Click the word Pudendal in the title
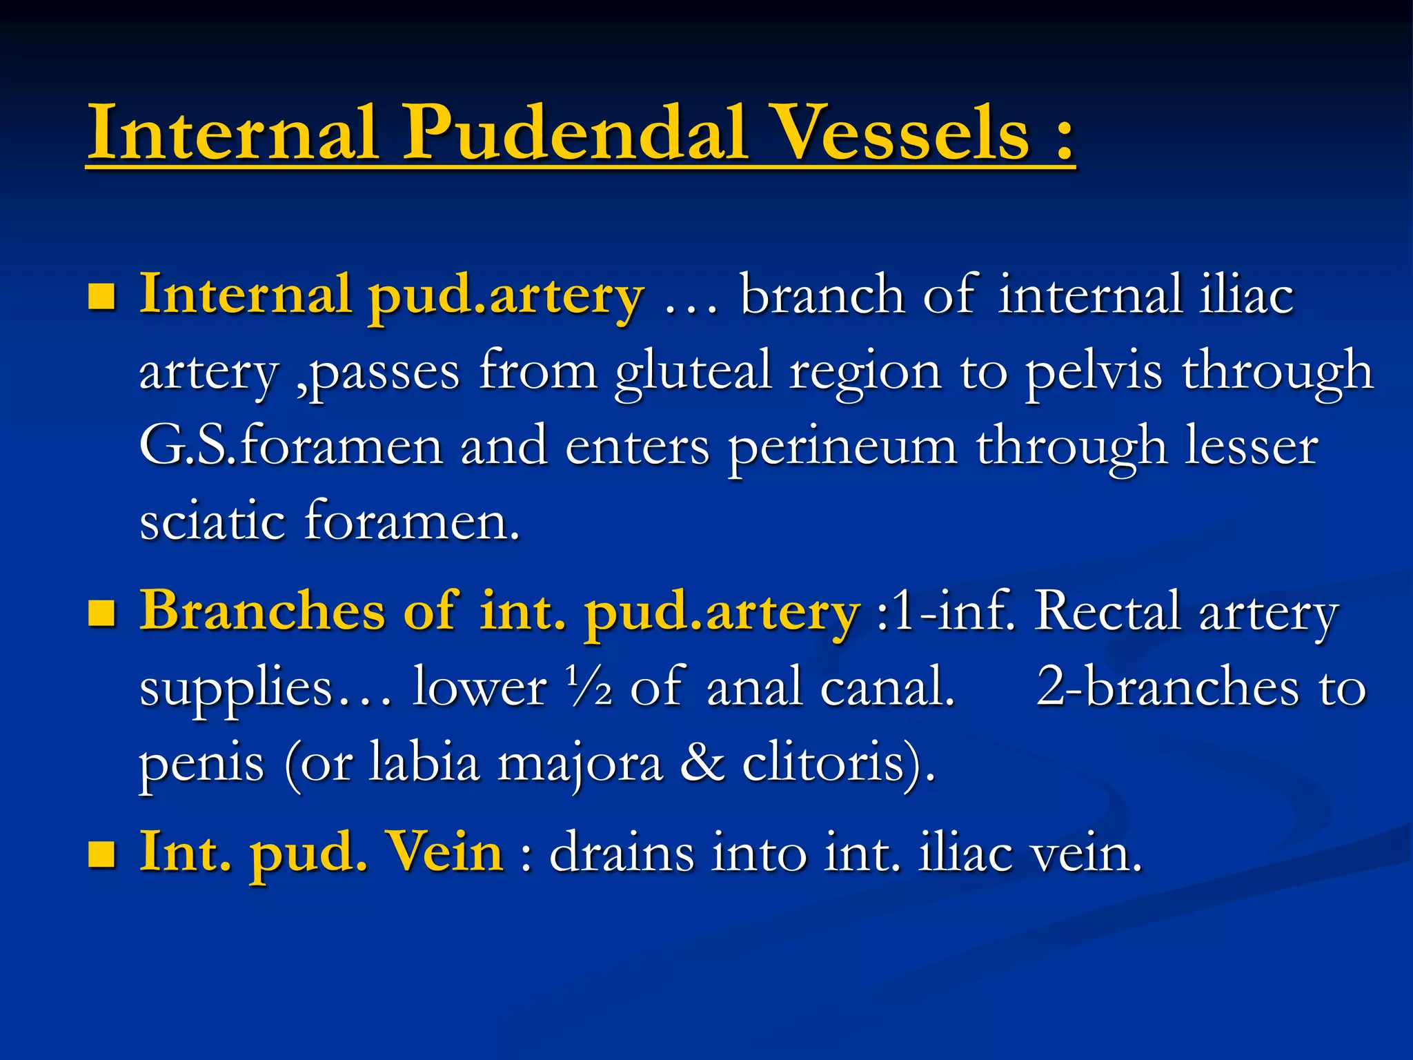coord(575,132)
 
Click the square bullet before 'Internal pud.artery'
coord(102,297)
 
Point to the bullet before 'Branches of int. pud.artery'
coord(102,613)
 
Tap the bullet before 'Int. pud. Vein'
coord(102,854)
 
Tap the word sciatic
coord(212,522)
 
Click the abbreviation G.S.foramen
coord(290,447)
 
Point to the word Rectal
coord(1107,611)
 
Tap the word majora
coord(580,765)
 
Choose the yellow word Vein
coord(445,853)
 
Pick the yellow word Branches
coord(262,611)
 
